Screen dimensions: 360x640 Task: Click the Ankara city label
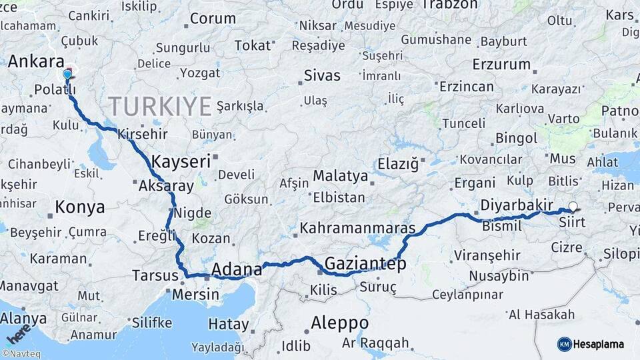pos(36,61)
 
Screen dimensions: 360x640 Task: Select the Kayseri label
pos(181,161)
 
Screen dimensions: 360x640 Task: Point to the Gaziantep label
pos(365,264)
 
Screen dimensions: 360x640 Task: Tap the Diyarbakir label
pos(508,204)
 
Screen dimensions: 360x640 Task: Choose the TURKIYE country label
pos(160,107)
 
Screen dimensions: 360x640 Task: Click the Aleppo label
pos(339,323)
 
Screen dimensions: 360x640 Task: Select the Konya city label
pos(79,207)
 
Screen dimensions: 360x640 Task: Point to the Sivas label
pos(322,75)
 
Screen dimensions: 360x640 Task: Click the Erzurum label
pos(501,65)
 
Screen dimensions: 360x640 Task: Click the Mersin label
pos(195,294)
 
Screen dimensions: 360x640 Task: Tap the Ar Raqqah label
pos(375,343)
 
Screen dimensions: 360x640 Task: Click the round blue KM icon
pos(564,344)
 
